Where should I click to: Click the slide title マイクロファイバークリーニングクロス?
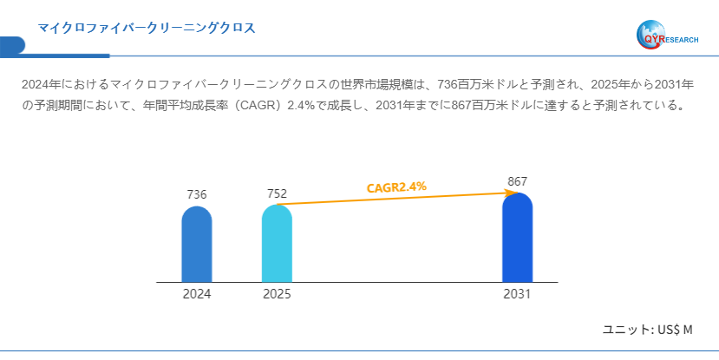pos(146,28)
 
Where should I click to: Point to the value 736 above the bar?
pos(197,194)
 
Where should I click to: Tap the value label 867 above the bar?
pos(517,181)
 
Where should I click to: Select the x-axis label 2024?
pos(197,294)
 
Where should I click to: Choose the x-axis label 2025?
pos(277,294)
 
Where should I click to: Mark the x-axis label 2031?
pos(517,294)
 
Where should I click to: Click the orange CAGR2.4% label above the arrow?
pos(396,187)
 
